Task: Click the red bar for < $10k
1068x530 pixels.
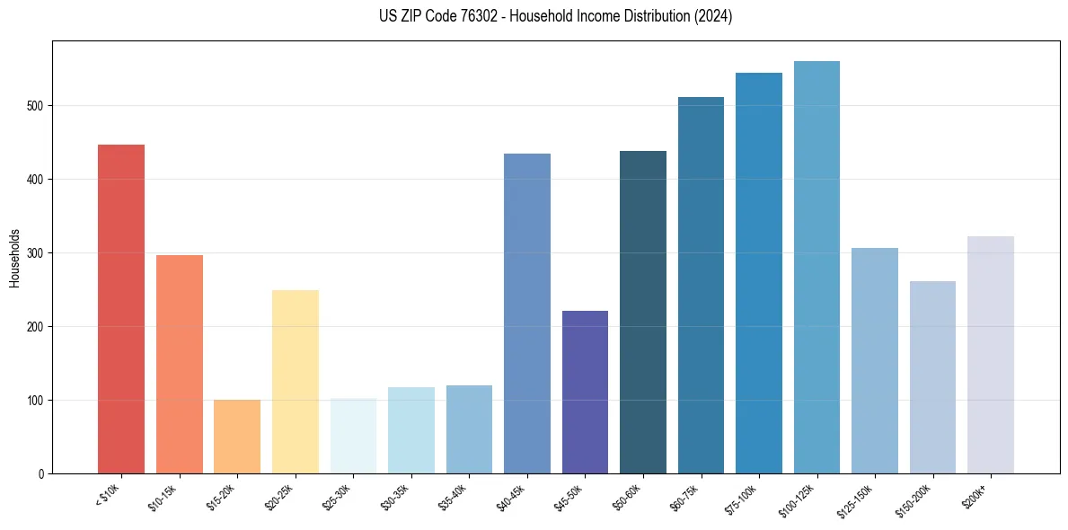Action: pyautogui.click(x=121, y=309)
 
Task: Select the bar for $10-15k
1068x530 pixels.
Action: pyautogui.click(x=179, y=364)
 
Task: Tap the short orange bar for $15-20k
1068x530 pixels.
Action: pyautogui.click(x=237, y=437)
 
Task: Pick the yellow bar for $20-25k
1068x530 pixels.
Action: pyautogui.click(x=296, y=382)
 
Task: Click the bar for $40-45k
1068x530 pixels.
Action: pyautogui.click(x=527, y=314)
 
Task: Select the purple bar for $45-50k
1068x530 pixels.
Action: pyautogui.click(x=585, y=392)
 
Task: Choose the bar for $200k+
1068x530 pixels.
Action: pyautogui.click(x=991, y=355)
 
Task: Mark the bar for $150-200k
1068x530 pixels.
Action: pyautogui.click(x=932, y=377)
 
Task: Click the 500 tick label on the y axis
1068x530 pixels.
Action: pyautogui.click(x=34, y=106)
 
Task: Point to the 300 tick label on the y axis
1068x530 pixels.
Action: pyautogui.click(x=34, y=253)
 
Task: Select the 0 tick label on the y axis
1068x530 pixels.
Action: pyautogui.click(x=40, y=473)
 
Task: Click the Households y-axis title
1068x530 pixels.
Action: pyautogui.click(x=14, y=257)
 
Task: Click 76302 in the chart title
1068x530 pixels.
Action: pyautogui.click(x=468, y=16)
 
